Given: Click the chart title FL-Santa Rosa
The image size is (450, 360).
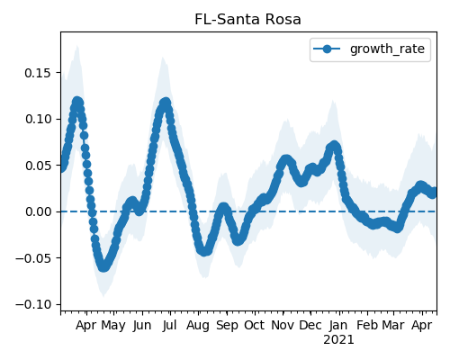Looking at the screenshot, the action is [x=247, y=20].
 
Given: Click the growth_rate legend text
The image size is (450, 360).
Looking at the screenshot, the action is [x=387, y=49].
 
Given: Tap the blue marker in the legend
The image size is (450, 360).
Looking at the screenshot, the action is [x=327, y=49].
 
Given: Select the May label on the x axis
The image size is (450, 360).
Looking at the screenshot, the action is [x=113, y=326].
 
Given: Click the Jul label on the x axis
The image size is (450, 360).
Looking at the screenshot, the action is [x=170, y=325].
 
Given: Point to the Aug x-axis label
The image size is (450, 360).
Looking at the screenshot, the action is [x=198, y=326].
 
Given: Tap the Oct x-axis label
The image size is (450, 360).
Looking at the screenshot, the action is [x=255, y=325].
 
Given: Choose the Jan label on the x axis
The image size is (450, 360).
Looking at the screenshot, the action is [x=338, y=325].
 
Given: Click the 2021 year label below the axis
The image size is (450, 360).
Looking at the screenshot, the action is [x=338, y=340].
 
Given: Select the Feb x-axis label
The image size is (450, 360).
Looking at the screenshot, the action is [x=367, y=325].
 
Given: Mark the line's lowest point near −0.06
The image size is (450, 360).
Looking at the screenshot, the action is [x=103, y=266].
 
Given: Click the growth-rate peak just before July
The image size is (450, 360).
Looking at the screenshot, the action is [x=166, y=103].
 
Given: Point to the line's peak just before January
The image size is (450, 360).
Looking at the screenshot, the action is [x=334, y=146].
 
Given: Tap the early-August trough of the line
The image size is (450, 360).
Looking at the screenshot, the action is [x=204, y=251].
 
